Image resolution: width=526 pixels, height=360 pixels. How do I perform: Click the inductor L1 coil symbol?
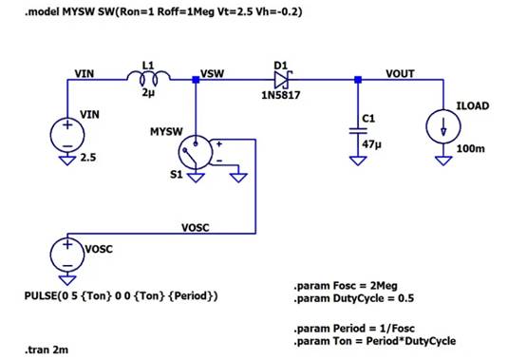[x=148, y=78]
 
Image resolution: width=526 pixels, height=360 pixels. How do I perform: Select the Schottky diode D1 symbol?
[x=282, y=80]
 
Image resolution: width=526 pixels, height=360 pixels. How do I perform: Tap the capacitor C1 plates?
[x=358, y=131]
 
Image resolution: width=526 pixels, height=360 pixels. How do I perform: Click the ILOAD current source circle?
[x=443, y=126]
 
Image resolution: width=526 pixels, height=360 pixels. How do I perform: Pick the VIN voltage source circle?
[x=67, y=135]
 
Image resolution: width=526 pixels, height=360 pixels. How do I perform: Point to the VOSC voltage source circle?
[x=67, y=255]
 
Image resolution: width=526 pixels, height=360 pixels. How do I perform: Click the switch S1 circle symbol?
[x=196, y=152]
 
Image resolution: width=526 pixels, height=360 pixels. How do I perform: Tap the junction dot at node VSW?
[x=196, y=80]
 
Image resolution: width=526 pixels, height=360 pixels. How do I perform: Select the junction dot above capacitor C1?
[x=358, y=80]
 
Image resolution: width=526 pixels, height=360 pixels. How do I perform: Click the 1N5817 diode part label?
[x=280, y=95]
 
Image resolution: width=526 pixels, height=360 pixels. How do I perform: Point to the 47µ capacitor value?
[x=371, y=144]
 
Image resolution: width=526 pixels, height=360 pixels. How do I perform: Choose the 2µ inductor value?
[x=148, y=92]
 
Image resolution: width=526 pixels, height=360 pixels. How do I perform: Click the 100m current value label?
[x=470, y=148]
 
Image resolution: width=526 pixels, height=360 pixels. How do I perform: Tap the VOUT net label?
[x=400, y=73]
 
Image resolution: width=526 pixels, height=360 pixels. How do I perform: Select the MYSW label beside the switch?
[x=166, y=131]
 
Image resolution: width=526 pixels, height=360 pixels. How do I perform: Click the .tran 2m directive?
[x=47, y=350]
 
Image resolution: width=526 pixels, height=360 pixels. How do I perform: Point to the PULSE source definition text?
[x=122, y=296]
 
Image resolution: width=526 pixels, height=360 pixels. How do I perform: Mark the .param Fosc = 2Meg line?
[x=346, y=286]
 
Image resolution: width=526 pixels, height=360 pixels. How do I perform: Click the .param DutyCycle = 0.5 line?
[x=354, y=298]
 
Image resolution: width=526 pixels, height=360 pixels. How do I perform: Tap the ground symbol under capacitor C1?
[x=358, y=161]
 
